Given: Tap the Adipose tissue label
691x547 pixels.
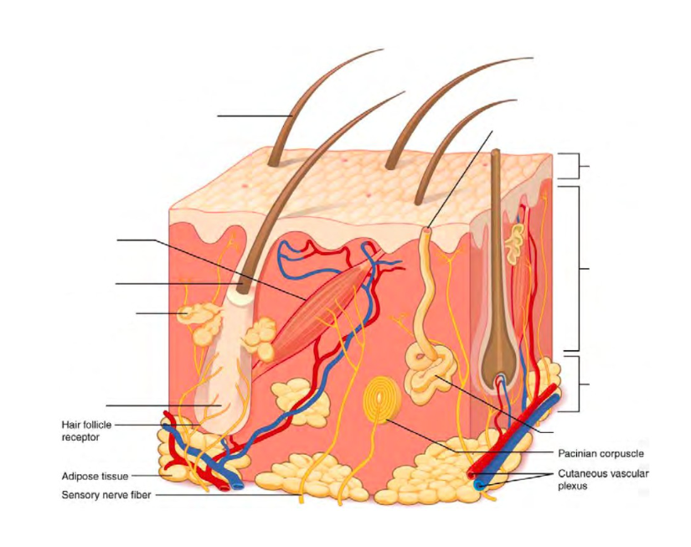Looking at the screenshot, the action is (x=95, y=476).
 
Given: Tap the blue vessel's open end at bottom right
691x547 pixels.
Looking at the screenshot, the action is (x=477, y=485).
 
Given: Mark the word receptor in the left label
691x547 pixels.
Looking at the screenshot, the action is (x=81, y=436).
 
